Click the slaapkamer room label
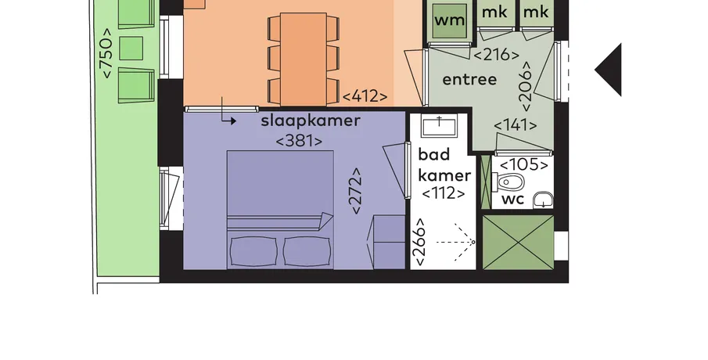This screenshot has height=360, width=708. tap(311, 121)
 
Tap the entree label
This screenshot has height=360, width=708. tap(469, 80)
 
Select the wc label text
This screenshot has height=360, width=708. tap(513, 200)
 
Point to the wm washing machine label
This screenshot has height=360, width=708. tap(449, 20)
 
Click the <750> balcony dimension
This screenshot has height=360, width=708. tap(106, 53)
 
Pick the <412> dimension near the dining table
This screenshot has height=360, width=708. tap(365, 97)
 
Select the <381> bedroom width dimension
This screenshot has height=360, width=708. tap(299, 141)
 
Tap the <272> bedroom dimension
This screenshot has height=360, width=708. tap(356, 191)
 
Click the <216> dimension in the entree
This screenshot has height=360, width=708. tap(496, 55)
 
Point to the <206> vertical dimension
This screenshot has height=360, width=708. tap(527, 86)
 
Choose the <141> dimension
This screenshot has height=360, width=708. tap(516, 125)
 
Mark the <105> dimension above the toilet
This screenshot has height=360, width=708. tap(524, 165)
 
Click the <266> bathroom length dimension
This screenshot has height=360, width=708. tap(420, 242)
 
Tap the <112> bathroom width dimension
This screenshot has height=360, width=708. tap(444, 193)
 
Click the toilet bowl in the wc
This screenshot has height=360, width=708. tap(509, 183)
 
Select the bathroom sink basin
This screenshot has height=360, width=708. tap(439, 125)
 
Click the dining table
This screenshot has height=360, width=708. tap(304, 59)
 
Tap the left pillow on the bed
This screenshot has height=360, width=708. tap(253, 251)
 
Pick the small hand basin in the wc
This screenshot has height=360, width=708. tap(543, 200)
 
